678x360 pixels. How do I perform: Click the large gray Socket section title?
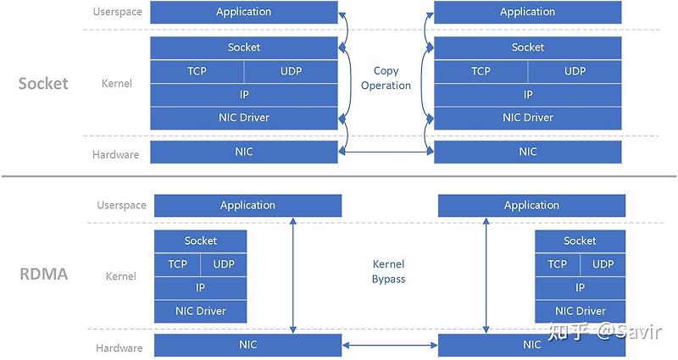pyautogui.click(x=43, y=83)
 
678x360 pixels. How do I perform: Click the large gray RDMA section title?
pyautogui.click(x=43, y=275)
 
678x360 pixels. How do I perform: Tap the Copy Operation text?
pyautogui.click(x=386, y=78)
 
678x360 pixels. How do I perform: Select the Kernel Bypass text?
pyautogui.click(x=388, y=271)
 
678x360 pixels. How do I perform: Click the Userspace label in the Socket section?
pyautogui.click(x=117, y=13)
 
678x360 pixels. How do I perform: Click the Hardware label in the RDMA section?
pyautogui.click(x=119, y=347)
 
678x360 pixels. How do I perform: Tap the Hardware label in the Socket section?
pyautogui.click(x=115, y=154)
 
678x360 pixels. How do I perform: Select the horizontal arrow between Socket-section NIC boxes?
pyautogui.click(x=386, y=152)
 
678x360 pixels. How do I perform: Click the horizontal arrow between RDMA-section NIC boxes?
pyautogui.click(x=390, y=346)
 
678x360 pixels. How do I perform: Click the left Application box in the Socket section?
pyautogui.click(x=243, y=12)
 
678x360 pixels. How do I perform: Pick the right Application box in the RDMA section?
pyautogui.click(x=531, y=205)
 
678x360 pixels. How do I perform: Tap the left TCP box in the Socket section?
pyautogui.click(x=197, y=71)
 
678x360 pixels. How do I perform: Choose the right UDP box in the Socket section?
pyautogui.click(x=575, y=71)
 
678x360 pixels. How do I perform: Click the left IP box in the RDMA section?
pyautogui.click(x=200, y=288)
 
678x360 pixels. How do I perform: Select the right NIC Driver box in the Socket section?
pyautogui.click(x=527, y=118)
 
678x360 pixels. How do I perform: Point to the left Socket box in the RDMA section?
pyautogui.click(x=200, y=241)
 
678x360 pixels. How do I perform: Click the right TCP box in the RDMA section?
pyautogui.click(x=557, y=264)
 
